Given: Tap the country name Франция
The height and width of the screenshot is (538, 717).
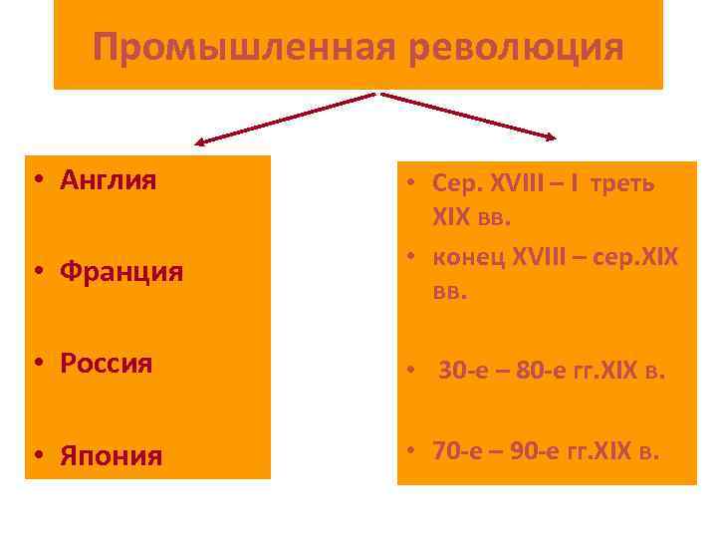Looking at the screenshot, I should [121, 271].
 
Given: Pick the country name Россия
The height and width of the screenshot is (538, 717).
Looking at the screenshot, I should [107, 364].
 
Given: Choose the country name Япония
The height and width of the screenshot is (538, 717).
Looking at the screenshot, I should [111, 456].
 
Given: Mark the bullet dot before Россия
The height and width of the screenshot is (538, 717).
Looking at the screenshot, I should [36, 365].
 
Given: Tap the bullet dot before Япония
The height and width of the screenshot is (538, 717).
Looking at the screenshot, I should [36, 457].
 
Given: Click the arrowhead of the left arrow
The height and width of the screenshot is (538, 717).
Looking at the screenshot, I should [200, 141].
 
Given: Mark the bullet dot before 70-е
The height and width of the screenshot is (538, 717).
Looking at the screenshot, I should [410, 451].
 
